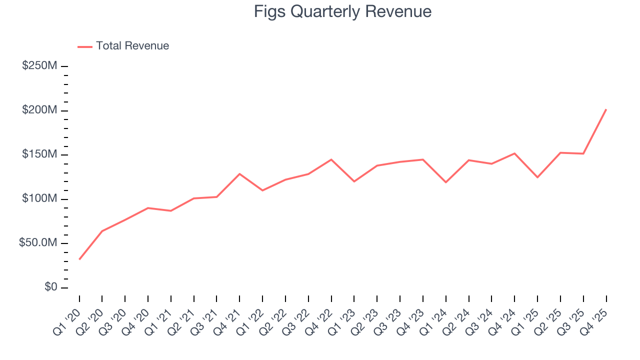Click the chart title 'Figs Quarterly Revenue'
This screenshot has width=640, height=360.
[x=342, y=11]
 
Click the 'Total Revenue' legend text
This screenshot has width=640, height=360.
[x=132, y=46]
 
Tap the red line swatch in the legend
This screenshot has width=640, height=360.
[x=85, y=46]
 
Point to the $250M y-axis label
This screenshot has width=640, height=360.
[x=39, y=66]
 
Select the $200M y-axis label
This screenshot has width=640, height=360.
[x=39, y=110]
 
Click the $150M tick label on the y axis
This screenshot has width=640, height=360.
[x=39, y=154]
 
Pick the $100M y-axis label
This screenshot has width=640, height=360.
[x=39, y=199]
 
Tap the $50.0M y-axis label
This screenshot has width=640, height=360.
[x=37, y=243]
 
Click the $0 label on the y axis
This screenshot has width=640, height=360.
[x=51, y=287]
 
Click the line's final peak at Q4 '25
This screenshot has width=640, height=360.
[x=606, y=109]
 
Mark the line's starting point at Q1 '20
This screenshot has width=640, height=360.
[x=79, y=259]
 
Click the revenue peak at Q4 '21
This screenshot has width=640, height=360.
[x=239, y=174]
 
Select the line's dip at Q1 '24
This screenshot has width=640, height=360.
[x=445, y=182]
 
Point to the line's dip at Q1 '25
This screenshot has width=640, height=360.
[x=537, y=177]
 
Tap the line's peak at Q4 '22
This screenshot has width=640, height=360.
[x=331, y=159]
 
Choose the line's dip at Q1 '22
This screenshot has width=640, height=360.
[x=262, y=190]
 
